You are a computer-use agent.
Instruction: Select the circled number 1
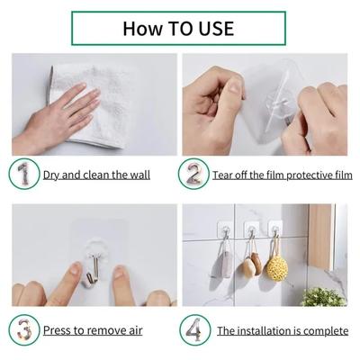[x=24, y=174]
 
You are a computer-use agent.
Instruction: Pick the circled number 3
[x=24, y=329]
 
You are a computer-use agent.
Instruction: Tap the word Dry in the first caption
[x=53, y=175]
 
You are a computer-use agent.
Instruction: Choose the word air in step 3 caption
[x=133, y=330]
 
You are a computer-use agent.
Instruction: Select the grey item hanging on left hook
[x=221, y=269]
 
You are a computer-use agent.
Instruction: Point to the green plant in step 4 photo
[x=324, y=296]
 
